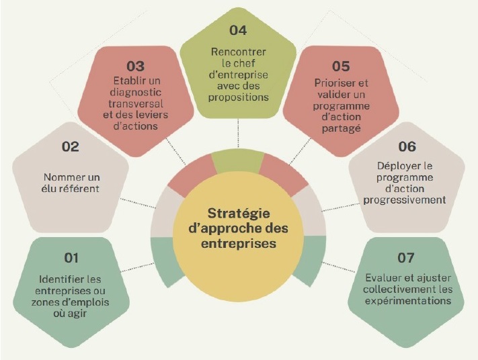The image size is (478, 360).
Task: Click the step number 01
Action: click(71, 258)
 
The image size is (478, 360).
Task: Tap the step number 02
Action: click(71, 146)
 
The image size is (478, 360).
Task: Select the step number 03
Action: click(136, 66)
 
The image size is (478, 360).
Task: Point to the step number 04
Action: click(238, 30)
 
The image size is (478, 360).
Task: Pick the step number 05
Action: click(341, 66)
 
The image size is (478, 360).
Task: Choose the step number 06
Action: click(407, 146)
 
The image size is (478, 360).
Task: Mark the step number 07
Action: click(406, 258)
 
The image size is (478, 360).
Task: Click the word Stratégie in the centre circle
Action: click(239, 214)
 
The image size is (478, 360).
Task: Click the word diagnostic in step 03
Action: click(136, 93)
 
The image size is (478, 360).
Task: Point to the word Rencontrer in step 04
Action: click(239, 52)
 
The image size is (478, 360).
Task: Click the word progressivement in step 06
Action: click(405, 200)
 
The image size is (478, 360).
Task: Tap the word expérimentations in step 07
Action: click(408, 301)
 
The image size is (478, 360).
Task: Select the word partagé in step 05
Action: click(341, 128)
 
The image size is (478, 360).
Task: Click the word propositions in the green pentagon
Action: click(239, 97)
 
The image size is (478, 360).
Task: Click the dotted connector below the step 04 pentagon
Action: click(238, 134)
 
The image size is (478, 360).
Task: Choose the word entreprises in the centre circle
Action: click(239, 244)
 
